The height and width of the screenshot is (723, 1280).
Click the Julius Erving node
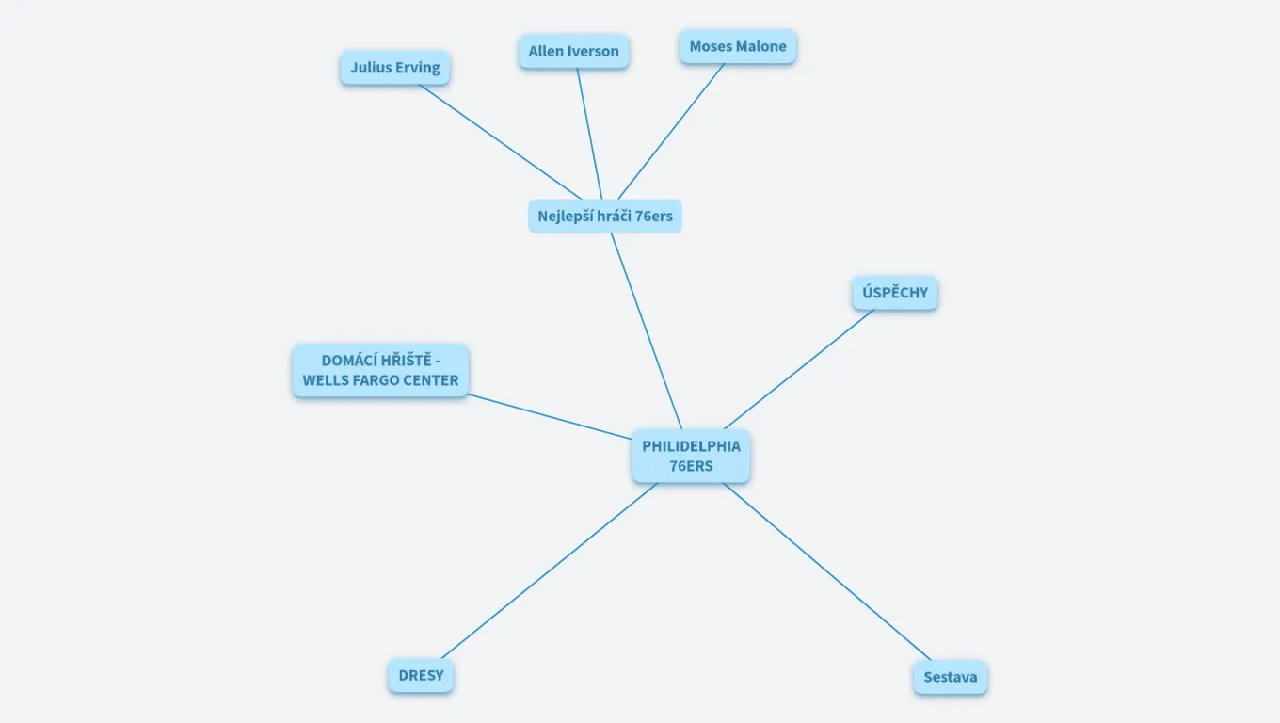[x=395, y=68]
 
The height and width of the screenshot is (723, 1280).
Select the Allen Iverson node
[x=573, y=51]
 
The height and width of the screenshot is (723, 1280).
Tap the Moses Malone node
[x=738, y=46]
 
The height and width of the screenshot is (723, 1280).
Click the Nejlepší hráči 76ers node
[x=605, y=216]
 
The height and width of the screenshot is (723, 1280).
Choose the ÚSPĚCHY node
[x=895, y=293]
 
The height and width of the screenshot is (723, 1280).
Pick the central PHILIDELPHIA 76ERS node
[x=691, y=457]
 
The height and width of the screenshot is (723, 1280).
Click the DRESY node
[x=421, y=676]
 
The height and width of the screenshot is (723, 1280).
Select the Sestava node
[x=950, y=677]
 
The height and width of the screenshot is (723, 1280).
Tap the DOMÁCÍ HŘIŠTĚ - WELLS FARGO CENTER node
[x=380, y=371]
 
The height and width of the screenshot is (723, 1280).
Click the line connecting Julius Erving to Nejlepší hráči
[x=500, y=141]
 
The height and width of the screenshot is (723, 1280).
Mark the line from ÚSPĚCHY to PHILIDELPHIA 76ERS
[x=800, y=368]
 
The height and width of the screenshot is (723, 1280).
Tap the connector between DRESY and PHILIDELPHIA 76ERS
[x=549, y=570]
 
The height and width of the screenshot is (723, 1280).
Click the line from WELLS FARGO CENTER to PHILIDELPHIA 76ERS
[x=550, y=417]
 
